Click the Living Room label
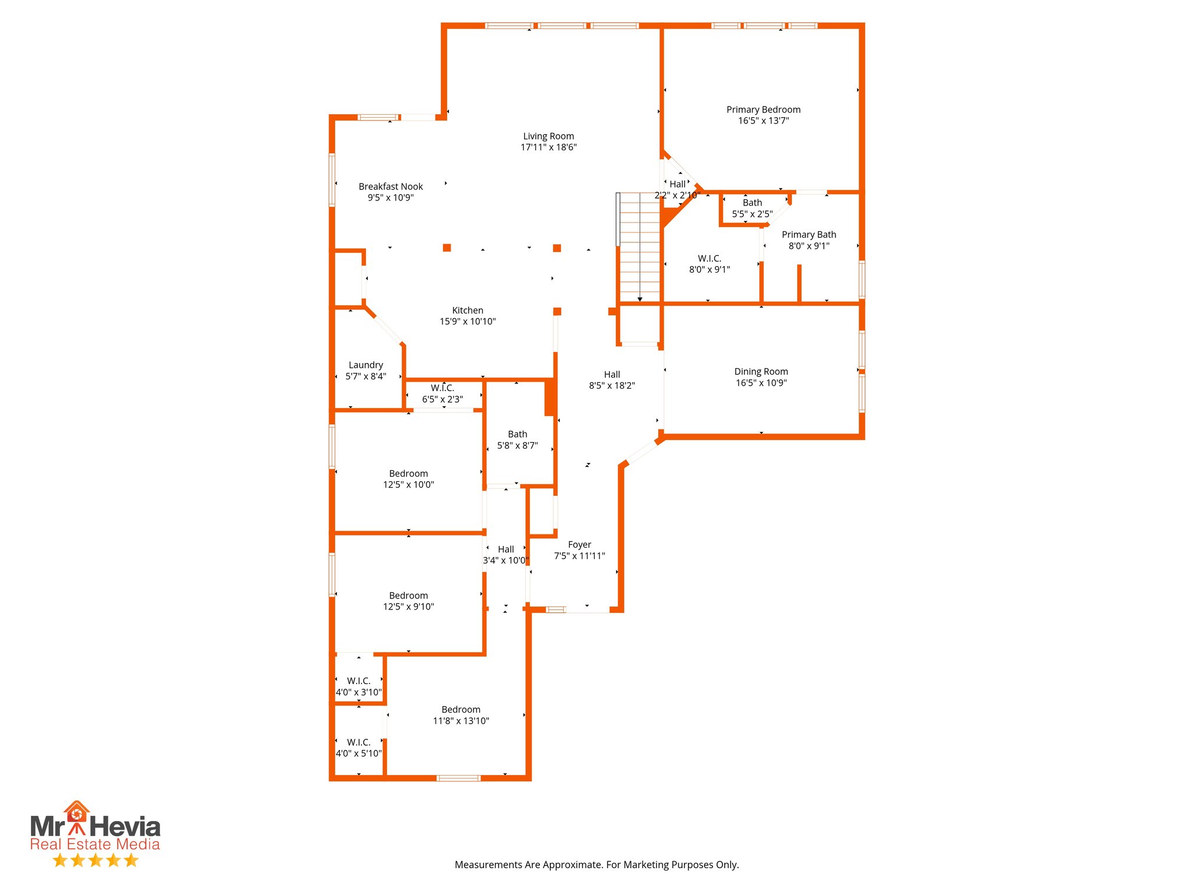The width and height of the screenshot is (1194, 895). coord(548,136)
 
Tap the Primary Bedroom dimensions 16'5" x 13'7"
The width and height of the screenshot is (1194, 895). coord(763,121)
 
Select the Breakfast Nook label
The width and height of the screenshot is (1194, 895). coord(391,186)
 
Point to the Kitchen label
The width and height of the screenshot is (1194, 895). coord(468,311)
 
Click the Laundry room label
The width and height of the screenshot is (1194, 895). coord(366,365)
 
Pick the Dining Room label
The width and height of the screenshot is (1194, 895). coord(761,372)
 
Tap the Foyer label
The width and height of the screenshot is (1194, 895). coord(580,545)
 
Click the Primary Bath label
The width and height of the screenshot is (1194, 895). coord(809,235)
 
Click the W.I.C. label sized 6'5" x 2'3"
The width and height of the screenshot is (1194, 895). coord(443,388)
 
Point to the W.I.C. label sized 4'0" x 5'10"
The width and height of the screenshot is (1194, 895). coord(359,742)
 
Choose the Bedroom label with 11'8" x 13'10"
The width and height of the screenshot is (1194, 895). coord(461,710)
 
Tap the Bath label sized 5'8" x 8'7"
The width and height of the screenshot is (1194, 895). coord(517,435)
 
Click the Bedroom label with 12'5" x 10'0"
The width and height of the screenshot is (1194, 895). coord(408,474)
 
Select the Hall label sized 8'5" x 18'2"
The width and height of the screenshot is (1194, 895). coord(612,375)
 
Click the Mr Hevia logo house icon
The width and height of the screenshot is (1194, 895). coord(76,812)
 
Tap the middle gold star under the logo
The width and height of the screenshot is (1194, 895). coord(96,860)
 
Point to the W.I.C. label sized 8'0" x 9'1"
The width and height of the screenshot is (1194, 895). coord(709,259)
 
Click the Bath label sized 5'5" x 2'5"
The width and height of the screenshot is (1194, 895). coord(752,203)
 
